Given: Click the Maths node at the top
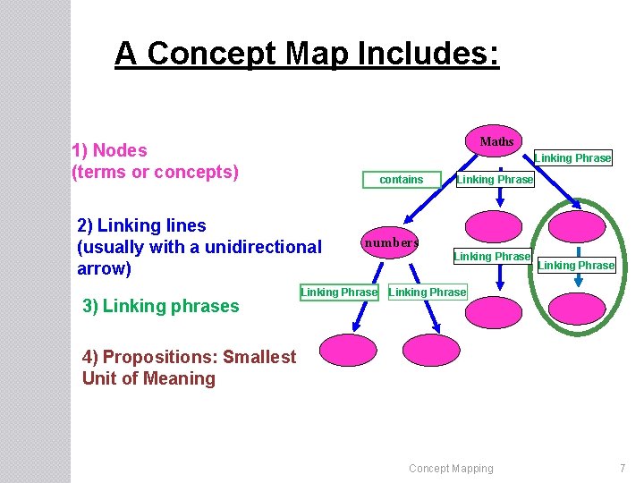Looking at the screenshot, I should pyautogui.click(x=496, y=141).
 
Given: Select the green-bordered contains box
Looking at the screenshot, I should pyautogui.click(x=402, y=180).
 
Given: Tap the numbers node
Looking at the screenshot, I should pyautogui.click(x=391, y=242).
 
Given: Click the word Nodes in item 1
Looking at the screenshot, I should pyautogui.click(x=120, y=150).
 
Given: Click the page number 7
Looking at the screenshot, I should pyautogui.click(x=623, y=468).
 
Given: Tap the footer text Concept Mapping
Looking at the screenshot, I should pyautogui.click(x=451, y=468).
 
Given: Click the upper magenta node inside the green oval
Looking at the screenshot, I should pyautogui.click(x=577, y=226).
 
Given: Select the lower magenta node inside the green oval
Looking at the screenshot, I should pyautogui.click(x=577, y=308).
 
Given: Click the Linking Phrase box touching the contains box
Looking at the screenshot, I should pyautogui.click(x=495, y=180).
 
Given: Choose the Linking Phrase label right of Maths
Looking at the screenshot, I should pyautogui.click(x=572, y=158).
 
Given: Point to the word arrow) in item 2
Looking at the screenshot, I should pyautogui.click(x=105, y=268).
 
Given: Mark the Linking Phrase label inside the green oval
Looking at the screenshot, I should pyautogui.click(x=576, y=265).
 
